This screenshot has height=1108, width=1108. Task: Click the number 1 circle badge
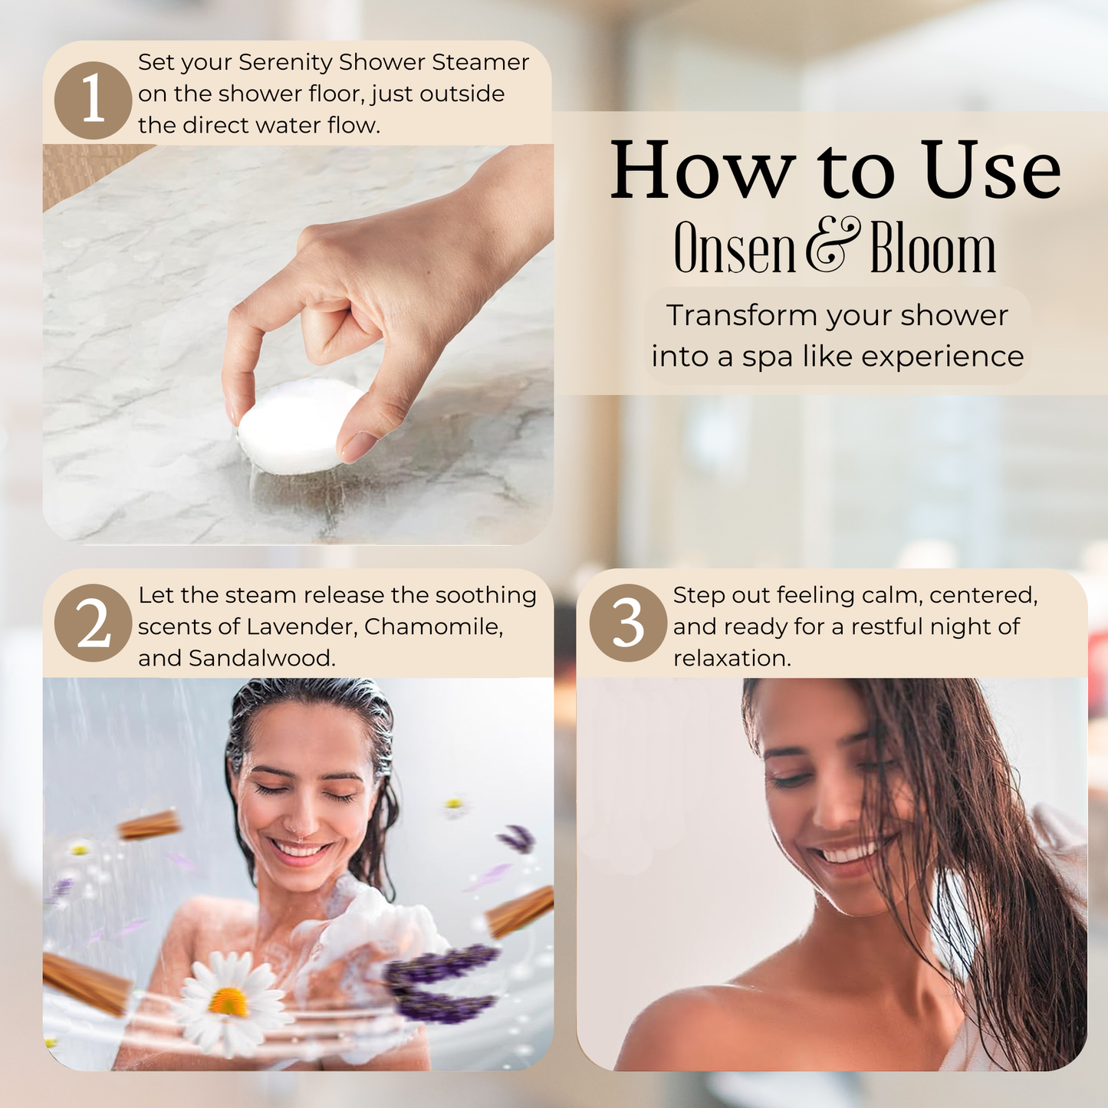point(93,100)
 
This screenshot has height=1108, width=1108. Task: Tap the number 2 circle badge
point(93,623)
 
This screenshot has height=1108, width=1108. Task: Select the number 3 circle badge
point(628,623)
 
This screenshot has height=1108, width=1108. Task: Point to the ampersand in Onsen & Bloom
point(833,247)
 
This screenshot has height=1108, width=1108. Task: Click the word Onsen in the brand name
point(735,250)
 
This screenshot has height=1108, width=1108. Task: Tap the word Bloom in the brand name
point(932,250)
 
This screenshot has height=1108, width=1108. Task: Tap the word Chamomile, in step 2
point(433,626)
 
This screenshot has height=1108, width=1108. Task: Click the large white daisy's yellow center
point(228,1001)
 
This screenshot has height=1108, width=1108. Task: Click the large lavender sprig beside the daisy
point(441,985)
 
